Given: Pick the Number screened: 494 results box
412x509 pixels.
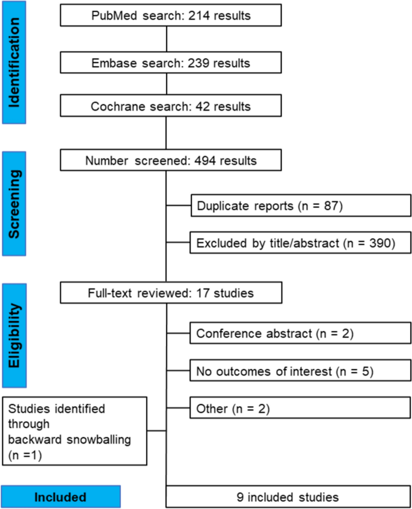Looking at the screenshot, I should [171, 160].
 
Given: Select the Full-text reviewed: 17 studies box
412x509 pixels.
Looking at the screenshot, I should [171, 294].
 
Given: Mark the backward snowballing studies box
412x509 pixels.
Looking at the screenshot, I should [74, 430].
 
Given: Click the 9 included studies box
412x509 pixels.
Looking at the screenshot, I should [289, 497].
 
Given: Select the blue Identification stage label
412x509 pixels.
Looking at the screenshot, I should [18, 62].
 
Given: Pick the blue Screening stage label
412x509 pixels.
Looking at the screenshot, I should [18, 195].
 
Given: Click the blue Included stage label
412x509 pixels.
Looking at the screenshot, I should [61, 497].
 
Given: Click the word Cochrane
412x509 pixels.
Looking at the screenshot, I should [115, 107].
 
